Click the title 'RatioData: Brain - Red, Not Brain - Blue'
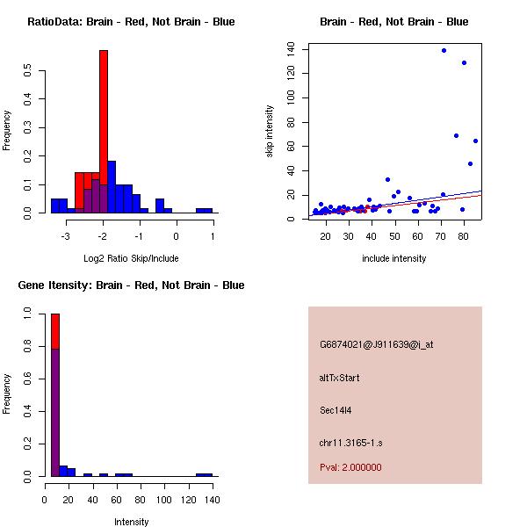131,22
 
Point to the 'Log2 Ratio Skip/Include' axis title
131,258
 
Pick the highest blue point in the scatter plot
444,50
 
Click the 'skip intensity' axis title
269,132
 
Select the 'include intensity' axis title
393,258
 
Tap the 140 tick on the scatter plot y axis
292,50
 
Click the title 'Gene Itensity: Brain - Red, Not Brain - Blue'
130,285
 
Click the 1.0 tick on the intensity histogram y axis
28,313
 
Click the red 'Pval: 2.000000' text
350,467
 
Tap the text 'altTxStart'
339,378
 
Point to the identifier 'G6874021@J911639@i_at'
376,344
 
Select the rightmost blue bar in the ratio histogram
204,211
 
